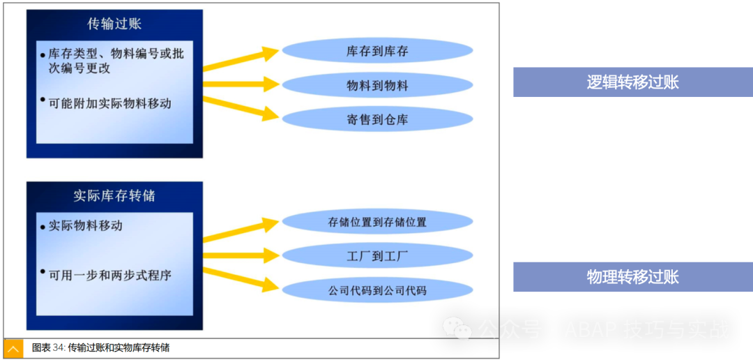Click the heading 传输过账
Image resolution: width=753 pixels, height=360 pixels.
point(114,24)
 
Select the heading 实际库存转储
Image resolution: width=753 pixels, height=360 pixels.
point(114,196)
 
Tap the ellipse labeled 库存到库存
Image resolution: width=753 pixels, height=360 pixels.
point(377,52)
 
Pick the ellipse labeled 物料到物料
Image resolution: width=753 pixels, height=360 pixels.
point(377,86)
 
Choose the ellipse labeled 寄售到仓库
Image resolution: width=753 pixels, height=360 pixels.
point(377,119)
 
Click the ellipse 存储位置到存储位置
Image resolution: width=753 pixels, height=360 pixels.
point(377,223)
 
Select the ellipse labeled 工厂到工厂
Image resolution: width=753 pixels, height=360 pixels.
point(377,256)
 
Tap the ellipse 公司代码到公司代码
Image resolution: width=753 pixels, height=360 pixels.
point(377,290)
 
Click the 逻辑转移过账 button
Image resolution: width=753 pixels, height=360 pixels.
point(632,82)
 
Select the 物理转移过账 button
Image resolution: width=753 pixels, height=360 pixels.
point(632,277)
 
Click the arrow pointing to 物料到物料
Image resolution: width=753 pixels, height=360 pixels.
point(241,84)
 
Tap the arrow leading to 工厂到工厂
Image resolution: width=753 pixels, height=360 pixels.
point(241,256)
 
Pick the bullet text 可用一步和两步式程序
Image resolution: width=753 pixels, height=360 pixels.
point(110,275)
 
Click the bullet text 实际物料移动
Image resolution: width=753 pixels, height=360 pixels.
point(86,225)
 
